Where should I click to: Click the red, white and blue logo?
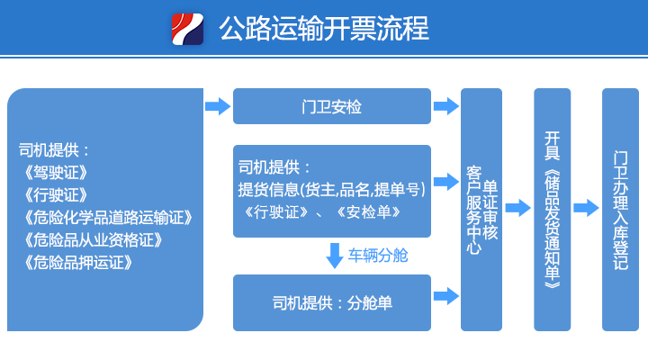[x=187, y=29]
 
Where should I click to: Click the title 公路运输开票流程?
[x=324, y=29]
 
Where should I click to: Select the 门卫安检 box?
[x=332, y=106]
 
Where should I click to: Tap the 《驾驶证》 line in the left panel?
[x=56, y=173]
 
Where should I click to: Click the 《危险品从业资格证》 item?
[x=93, y=240]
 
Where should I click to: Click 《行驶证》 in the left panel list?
[x=56, y=195]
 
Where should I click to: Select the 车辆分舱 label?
[x=378, y=256]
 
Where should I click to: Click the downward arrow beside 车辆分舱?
[x=334, y=256]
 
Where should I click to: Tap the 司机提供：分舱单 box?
[x=332, y=303]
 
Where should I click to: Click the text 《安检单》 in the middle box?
[x=369, y=212]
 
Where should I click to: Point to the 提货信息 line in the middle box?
[x=331, y=190]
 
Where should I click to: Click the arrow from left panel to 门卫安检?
[x=218, y=106]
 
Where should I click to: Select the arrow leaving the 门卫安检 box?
[x=446, y=106]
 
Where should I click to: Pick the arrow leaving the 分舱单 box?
[x=446, y=296]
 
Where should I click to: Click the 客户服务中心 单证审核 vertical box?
[x=481, y=210]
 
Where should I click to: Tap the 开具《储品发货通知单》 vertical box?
[x=552, y=210]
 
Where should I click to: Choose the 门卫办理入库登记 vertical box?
[x=620, y=210]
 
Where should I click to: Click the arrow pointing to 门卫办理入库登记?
[x=586, y=208]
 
